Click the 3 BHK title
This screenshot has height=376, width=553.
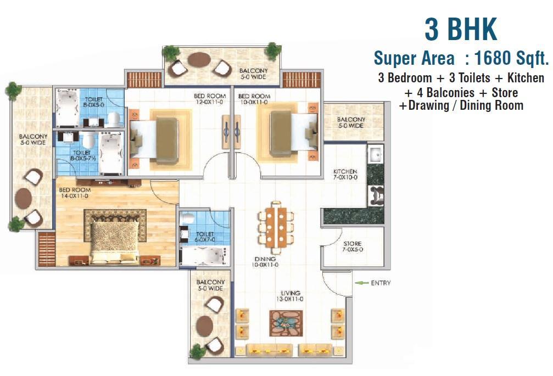(x=461, y=29)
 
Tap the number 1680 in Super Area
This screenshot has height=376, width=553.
(x=494, y=58)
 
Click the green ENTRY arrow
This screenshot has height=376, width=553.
(x=361, y=283)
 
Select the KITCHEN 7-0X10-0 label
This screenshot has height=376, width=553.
(x=345, y=174)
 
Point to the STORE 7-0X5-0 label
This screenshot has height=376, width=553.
(x=353, y=246)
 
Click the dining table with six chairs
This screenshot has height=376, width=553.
(x=276, y=227)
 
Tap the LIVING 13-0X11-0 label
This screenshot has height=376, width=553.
(x=291, y=296)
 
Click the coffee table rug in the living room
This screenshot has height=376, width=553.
(x=286, y=323)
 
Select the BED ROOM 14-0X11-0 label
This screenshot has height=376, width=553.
(x=75, y=193)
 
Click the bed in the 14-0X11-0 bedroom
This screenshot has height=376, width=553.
(x=114, y=242)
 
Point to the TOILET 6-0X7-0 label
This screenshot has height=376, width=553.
(x=204, y=237)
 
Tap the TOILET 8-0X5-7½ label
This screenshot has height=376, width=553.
(x=83, y=155)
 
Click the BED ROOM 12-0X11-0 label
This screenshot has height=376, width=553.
(x=209, y=99)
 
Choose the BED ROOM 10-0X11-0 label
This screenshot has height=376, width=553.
(x=254, y=99)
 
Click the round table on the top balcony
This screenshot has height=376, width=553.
(x=199, y=59)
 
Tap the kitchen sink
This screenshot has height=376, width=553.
(x=375, y=154)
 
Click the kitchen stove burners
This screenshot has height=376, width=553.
(x=376, y=195)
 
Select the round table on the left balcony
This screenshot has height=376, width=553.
(x=23, y=198)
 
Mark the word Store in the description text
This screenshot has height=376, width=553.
(x=505, y=93)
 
